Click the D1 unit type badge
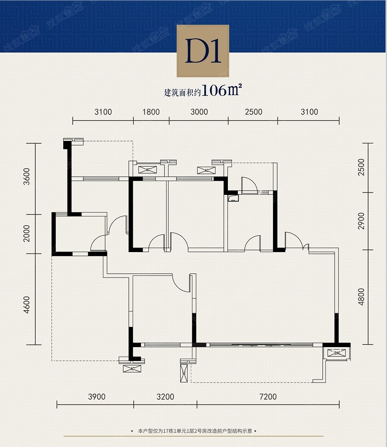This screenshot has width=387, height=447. pos(203,51)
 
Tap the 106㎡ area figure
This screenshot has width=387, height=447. pos(222,90)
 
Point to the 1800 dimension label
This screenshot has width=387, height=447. pos(151,112)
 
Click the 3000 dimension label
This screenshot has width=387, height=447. pos(199,112)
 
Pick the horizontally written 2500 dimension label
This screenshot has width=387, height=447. pos(253,112)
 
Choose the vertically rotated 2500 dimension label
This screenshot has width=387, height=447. pos(361,167)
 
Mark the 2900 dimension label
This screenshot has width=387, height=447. pos(361,221)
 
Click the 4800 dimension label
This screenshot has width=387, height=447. pos(361,297)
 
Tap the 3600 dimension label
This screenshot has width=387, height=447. pos(26,177)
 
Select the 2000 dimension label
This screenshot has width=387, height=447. pos(26,234)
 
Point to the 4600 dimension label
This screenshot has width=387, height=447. pos(26,305)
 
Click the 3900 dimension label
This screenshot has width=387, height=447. pos(97,397)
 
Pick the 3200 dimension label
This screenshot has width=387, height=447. pos(165,397)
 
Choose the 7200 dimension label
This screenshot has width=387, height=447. pos(268,397)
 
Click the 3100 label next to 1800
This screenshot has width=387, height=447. pos(103,112)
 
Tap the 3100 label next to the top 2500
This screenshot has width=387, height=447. pos(309,112)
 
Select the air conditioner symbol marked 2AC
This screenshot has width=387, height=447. pos(336,353)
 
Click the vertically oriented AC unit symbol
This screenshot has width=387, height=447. pos(184,373)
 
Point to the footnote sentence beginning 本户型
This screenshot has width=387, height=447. pos(195,431)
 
